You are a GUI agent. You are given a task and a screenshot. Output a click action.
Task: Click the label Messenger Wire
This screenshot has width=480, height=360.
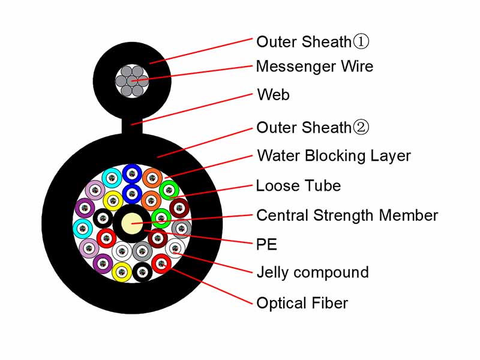click(314, 67)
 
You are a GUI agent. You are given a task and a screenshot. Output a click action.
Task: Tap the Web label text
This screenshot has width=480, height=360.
click(274, 94)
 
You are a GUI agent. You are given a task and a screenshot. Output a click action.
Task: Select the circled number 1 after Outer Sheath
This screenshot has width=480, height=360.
click(361, 41)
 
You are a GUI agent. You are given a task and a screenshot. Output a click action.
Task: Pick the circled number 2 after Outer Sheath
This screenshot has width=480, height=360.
click(361, 127)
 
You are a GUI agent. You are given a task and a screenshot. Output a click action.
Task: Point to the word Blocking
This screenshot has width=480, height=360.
click(336, 156)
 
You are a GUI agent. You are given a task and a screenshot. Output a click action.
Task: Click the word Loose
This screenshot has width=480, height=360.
click(278, 186)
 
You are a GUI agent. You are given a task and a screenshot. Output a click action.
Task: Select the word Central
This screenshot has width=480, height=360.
click(283, 215)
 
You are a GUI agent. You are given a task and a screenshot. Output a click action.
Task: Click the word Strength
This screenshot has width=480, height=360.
click(344, 216)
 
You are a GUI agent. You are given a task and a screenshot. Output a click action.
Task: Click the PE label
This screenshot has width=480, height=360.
click(266, 244)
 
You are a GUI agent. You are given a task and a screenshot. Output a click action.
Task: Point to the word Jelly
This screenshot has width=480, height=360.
click(273, 273)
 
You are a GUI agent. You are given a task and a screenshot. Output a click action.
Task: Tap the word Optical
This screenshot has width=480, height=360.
click(281, 304)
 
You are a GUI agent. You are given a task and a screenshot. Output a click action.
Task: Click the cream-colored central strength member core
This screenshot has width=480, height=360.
click(131, 223)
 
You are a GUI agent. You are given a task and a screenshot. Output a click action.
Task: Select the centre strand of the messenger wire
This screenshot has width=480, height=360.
click(132, 81)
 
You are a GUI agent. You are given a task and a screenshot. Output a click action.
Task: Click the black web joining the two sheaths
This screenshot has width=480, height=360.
click(132, 126)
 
